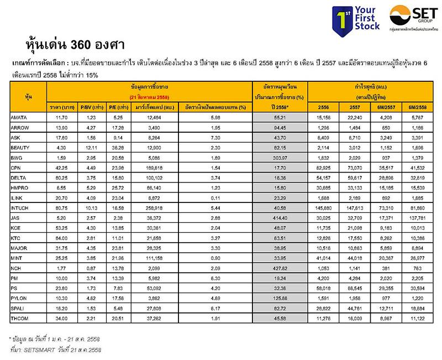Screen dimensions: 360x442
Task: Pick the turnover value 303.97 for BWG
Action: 278,157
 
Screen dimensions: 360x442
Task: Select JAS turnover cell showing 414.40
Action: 278,218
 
